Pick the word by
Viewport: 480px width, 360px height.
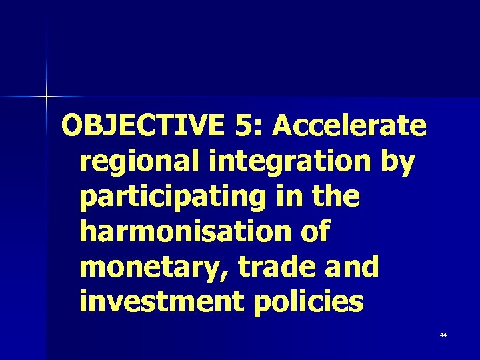(397, 162)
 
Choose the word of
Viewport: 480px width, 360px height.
(313, 232)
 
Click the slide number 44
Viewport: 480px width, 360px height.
(443, 335)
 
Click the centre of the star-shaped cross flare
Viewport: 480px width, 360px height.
(47, 98)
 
